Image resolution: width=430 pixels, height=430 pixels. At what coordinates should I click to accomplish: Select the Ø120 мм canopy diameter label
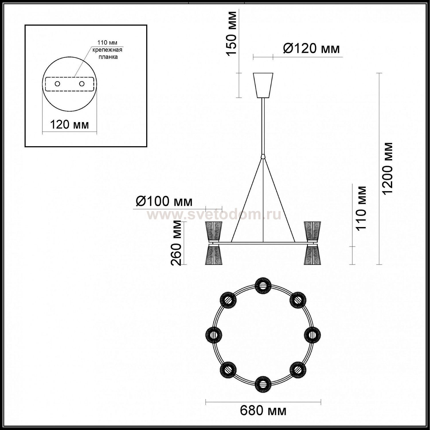point(311,48)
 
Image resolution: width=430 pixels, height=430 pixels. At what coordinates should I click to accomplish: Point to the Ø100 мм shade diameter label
point(164,201)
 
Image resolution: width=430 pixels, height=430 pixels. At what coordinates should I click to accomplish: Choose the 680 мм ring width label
point(263,411)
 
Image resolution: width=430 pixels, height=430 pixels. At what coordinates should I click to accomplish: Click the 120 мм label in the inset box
point(69,125)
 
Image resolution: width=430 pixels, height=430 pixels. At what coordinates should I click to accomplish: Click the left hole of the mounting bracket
point(57,84)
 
